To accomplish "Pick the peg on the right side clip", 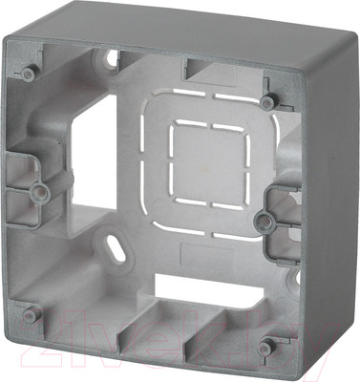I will (x=266, y=222).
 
